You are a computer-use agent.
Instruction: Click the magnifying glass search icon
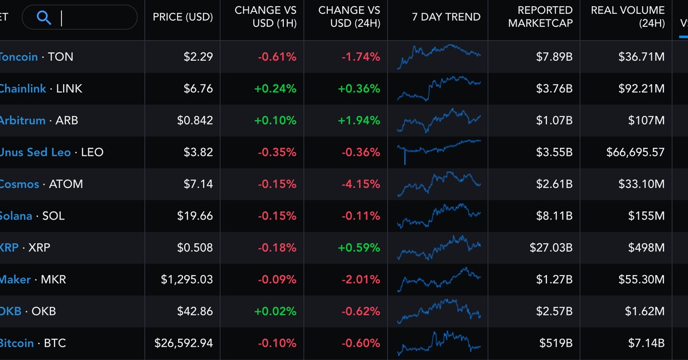coord(44,17)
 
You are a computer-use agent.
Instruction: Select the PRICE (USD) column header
coord(182,17)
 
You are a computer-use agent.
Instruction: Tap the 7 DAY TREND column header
coord(438,17)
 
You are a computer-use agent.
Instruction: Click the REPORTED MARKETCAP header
coord(540,17)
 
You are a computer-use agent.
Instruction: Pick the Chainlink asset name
coord(22,89)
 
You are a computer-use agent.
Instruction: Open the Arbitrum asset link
coord(22,120)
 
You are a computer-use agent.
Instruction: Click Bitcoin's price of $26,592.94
coord(183,343)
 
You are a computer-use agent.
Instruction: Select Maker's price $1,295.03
coord(187,280)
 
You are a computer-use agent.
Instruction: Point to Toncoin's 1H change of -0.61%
coord(277,57)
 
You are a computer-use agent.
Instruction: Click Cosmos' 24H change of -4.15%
coord(361,184)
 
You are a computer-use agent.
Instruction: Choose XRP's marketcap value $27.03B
coord(551,248)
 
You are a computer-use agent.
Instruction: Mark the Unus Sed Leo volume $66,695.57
coord(635,152)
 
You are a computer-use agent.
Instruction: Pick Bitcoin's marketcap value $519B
coord(556,343)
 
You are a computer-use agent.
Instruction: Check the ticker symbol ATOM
coord(66,184)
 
